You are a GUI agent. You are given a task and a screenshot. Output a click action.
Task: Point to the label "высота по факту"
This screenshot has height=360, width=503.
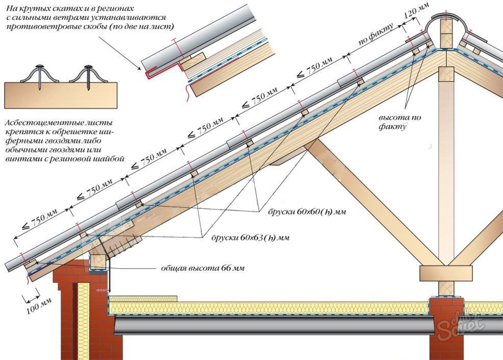[x=399, y=122]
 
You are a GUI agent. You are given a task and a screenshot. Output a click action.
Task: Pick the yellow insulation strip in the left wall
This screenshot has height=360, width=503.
[x=83, y=321]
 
